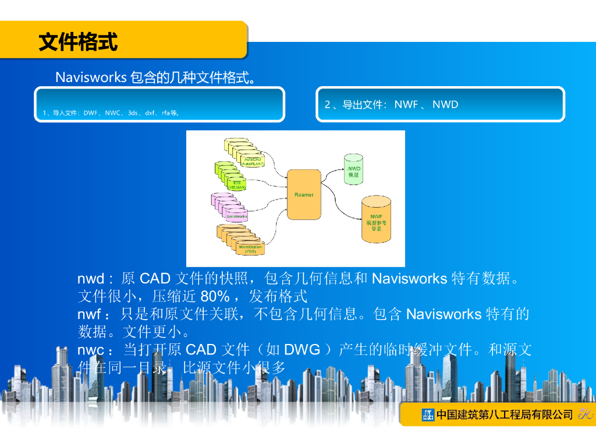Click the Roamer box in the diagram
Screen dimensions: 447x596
(304, 194)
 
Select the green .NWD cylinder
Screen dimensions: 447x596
(353, 169)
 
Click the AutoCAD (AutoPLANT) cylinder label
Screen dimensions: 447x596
(253, 162)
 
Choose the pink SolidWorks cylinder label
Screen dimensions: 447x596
(237, 216)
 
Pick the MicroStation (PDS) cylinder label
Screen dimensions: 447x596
(251, 249)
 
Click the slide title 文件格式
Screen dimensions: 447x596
(78, 42)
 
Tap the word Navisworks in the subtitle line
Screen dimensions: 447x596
(91, 77)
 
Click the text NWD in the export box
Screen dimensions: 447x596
(445, 105)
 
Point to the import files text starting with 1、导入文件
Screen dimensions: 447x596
(111, 113)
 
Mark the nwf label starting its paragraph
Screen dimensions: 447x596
(89, 315)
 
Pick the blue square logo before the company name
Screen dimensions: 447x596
(428, 415)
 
